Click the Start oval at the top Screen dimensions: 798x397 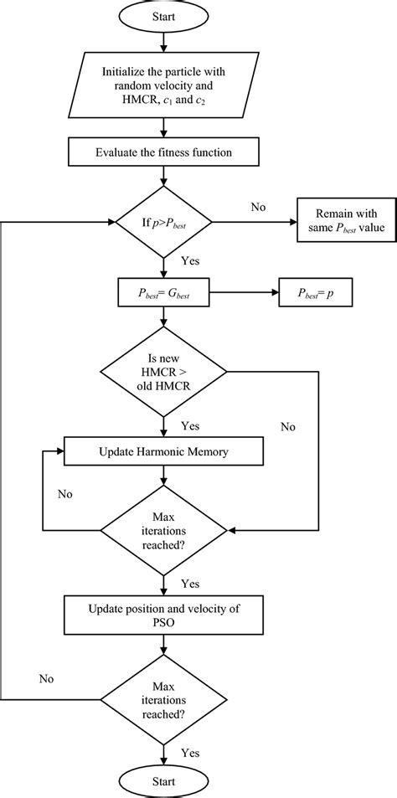[x=163, y=16]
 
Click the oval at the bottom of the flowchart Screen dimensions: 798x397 [x=163, y=781]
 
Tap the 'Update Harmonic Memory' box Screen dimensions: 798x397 [x=163, y=452]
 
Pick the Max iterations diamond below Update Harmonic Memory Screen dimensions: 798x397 [x=163, y=529]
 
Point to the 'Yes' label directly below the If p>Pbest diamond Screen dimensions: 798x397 [x=190, y=262]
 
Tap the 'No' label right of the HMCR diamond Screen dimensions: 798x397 [x=288, y=426]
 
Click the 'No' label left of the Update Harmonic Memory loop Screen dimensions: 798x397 [x=65, y=494]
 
